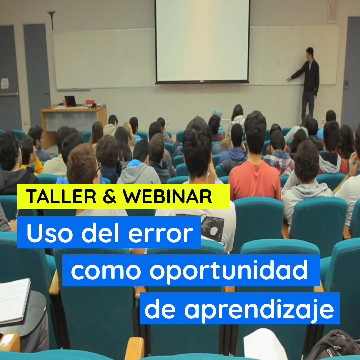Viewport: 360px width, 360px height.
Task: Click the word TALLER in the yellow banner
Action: click(x=61, y=197)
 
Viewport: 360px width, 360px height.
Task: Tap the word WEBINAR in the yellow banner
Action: click(x=167, y=197)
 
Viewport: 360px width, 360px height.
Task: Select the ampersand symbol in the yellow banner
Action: click(x=110, y=197)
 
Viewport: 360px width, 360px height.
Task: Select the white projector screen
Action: click(x=202, y=41)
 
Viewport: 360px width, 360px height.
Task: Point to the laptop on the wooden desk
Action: click(x=70, y=101)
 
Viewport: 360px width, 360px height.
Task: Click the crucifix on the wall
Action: click(x=52, y=20)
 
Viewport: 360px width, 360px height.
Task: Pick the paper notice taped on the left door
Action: click(x=5, y=83)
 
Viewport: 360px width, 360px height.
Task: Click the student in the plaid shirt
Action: click(x=279, y=153)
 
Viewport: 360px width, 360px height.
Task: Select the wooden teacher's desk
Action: click(x=73, y=124)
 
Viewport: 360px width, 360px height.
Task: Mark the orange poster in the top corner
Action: click(x=332, y=11)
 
